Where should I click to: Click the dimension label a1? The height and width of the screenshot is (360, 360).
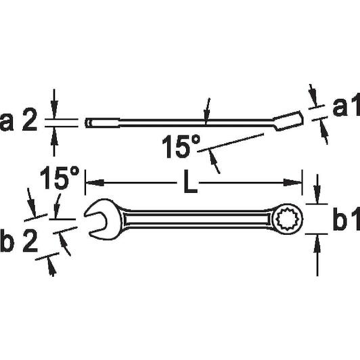[x=346, y=104]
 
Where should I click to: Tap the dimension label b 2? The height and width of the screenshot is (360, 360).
[x=18, y=241]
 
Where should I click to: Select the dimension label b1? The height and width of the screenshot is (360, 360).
[x=346, y=219]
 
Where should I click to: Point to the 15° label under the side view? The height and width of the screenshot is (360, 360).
[x=181, y=146]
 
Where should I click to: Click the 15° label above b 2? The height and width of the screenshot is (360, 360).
[x=60, y=178]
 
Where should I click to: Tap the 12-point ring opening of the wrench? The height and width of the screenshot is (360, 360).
[x=287, y=219]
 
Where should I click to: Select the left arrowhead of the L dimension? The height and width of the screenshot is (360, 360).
[x=95, y=183]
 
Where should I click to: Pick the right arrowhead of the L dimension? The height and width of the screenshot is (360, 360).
[x=292, y=183]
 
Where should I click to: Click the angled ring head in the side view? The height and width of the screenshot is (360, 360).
[x=288, y=121]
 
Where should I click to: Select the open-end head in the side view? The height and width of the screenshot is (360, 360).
[x=102, y=122]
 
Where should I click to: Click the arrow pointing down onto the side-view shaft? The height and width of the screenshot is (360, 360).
[x=207, y=112]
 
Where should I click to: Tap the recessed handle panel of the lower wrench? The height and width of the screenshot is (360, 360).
[x=196, y=219]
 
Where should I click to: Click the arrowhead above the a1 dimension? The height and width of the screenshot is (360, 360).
[x=313, y=96]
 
